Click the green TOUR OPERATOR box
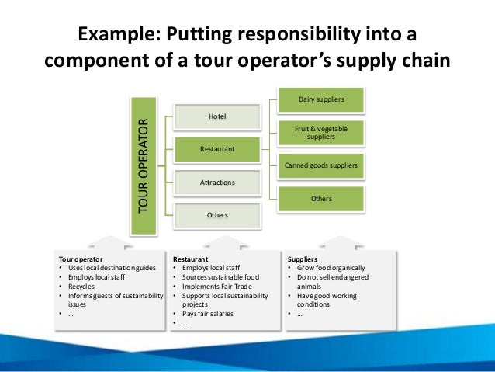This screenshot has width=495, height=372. coord(142,165)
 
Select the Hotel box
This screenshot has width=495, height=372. coord(217,116)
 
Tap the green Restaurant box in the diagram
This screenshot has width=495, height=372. coord(217,148)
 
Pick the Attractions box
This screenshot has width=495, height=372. coord(217,183)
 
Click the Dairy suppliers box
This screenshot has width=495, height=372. coord(320,99)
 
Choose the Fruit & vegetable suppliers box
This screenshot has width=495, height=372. coord(320,132)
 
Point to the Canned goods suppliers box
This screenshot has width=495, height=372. coord(320,165)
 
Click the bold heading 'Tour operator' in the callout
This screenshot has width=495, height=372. coord(81,259)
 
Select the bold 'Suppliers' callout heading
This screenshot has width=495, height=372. coord(302,259)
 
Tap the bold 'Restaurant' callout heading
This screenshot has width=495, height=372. coord(190,259)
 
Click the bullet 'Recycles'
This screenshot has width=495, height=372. coord(85,287)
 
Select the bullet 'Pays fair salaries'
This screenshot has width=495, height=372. coord(212,315)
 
